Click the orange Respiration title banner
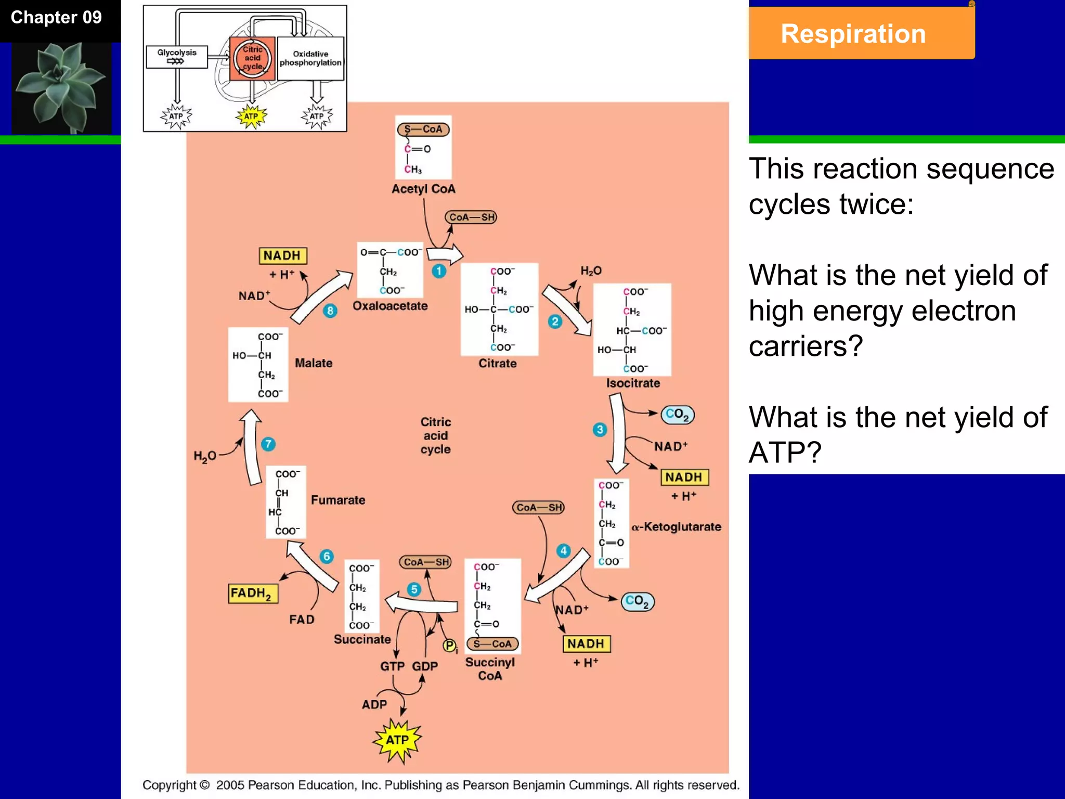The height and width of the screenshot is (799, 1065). (861, 33)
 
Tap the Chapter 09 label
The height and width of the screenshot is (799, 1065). (56, 18)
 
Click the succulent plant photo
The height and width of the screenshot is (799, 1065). (61, 87)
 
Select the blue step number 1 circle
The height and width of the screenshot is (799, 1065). (439, 271)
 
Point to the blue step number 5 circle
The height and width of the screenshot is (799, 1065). (414, 589)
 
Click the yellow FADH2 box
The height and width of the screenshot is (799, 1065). (253, 594)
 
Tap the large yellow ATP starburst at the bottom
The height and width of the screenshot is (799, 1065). (397, 740)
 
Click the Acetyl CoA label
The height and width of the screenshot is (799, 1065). (423, 189)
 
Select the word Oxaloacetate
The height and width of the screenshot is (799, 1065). (390, 306)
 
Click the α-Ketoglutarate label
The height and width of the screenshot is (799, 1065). (676, 527)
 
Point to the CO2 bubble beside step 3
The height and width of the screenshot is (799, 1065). (678, 415)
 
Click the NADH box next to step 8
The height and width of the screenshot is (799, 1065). (282, 255)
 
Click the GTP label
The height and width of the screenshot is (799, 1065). (392, 666)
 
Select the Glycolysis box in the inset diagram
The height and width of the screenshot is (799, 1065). (177, 57)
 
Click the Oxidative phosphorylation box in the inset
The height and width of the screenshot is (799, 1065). (310, 58)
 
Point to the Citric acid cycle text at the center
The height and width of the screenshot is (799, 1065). (435, 435)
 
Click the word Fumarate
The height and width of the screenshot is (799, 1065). (338, 500)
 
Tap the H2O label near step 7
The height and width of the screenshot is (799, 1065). (205, 456)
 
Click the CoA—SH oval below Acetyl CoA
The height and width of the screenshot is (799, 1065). (471, 217)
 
